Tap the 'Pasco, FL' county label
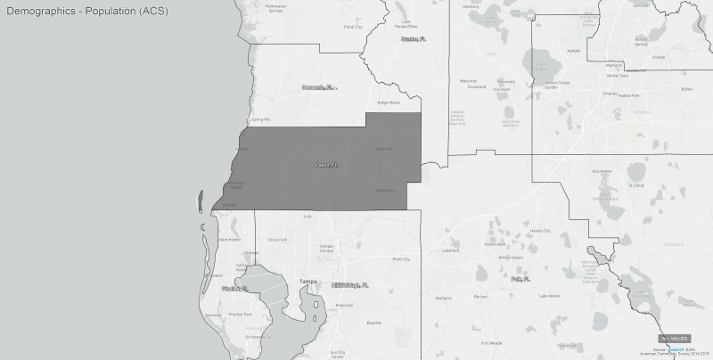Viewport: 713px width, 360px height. pyautogui.click(x=327, y=166)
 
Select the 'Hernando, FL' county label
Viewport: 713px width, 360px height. pyautogui.click(x=318, y=87)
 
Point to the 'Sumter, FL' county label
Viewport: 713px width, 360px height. pyautogui.click(x=415, y=39)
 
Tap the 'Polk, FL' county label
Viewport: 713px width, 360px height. pyautogui.click(x=522, y=279)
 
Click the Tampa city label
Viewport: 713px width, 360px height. pyautogui.click(x=308, y=282)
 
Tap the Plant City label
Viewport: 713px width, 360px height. pyautogui.click(x=401, y=259)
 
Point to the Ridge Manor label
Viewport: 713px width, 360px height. pyautogui.click(x=389, y=103)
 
